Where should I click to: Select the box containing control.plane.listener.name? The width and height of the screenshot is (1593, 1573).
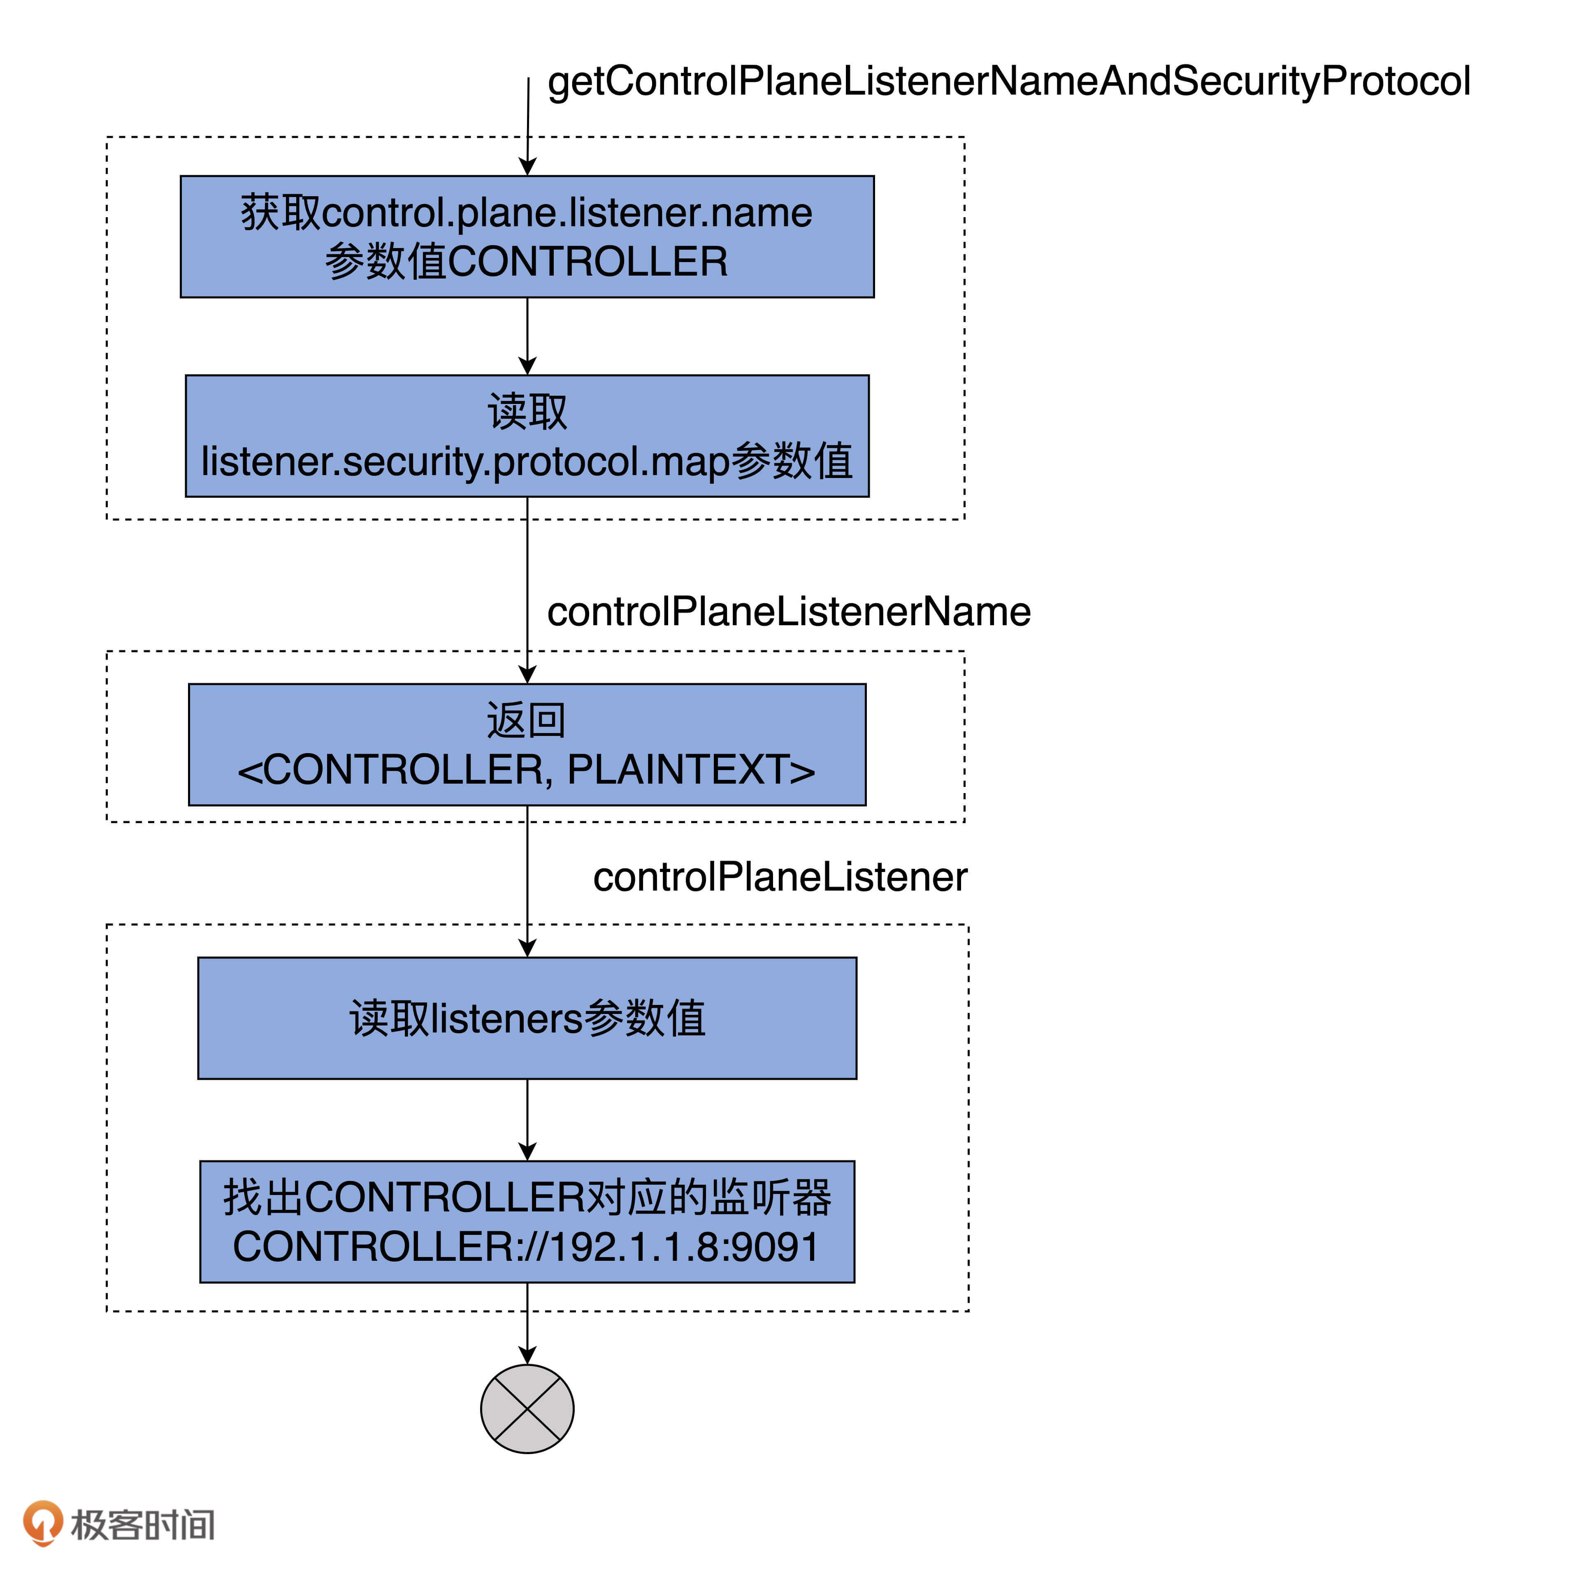[x=527, y=237]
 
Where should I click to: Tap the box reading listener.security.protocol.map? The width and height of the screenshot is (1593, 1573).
[x=527, y=436]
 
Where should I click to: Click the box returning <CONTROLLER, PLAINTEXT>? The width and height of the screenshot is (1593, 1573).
[x=527, y=745]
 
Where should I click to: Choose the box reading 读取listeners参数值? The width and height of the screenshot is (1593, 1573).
[x=527, y=1018]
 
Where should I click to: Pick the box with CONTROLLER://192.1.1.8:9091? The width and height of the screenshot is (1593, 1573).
[x=527, y=1222]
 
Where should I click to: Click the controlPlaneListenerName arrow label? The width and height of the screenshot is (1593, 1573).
[x=788, y=612]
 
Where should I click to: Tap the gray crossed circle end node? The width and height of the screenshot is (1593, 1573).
[x=527, y=1409]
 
